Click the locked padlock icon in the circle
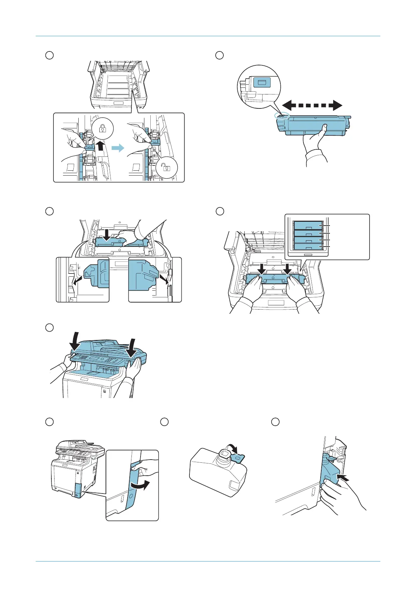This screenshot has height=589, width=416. pos(102,129)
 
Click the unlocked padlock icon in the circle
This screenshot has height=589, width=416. pos(167,168)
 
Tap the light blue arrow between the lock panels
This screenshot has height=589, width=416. pos(118,148)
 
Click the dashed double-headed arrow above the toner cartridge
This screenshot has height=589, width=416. pos(312,105)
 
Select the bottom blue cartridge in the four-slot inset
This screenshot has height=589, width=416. pos(308,247)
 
